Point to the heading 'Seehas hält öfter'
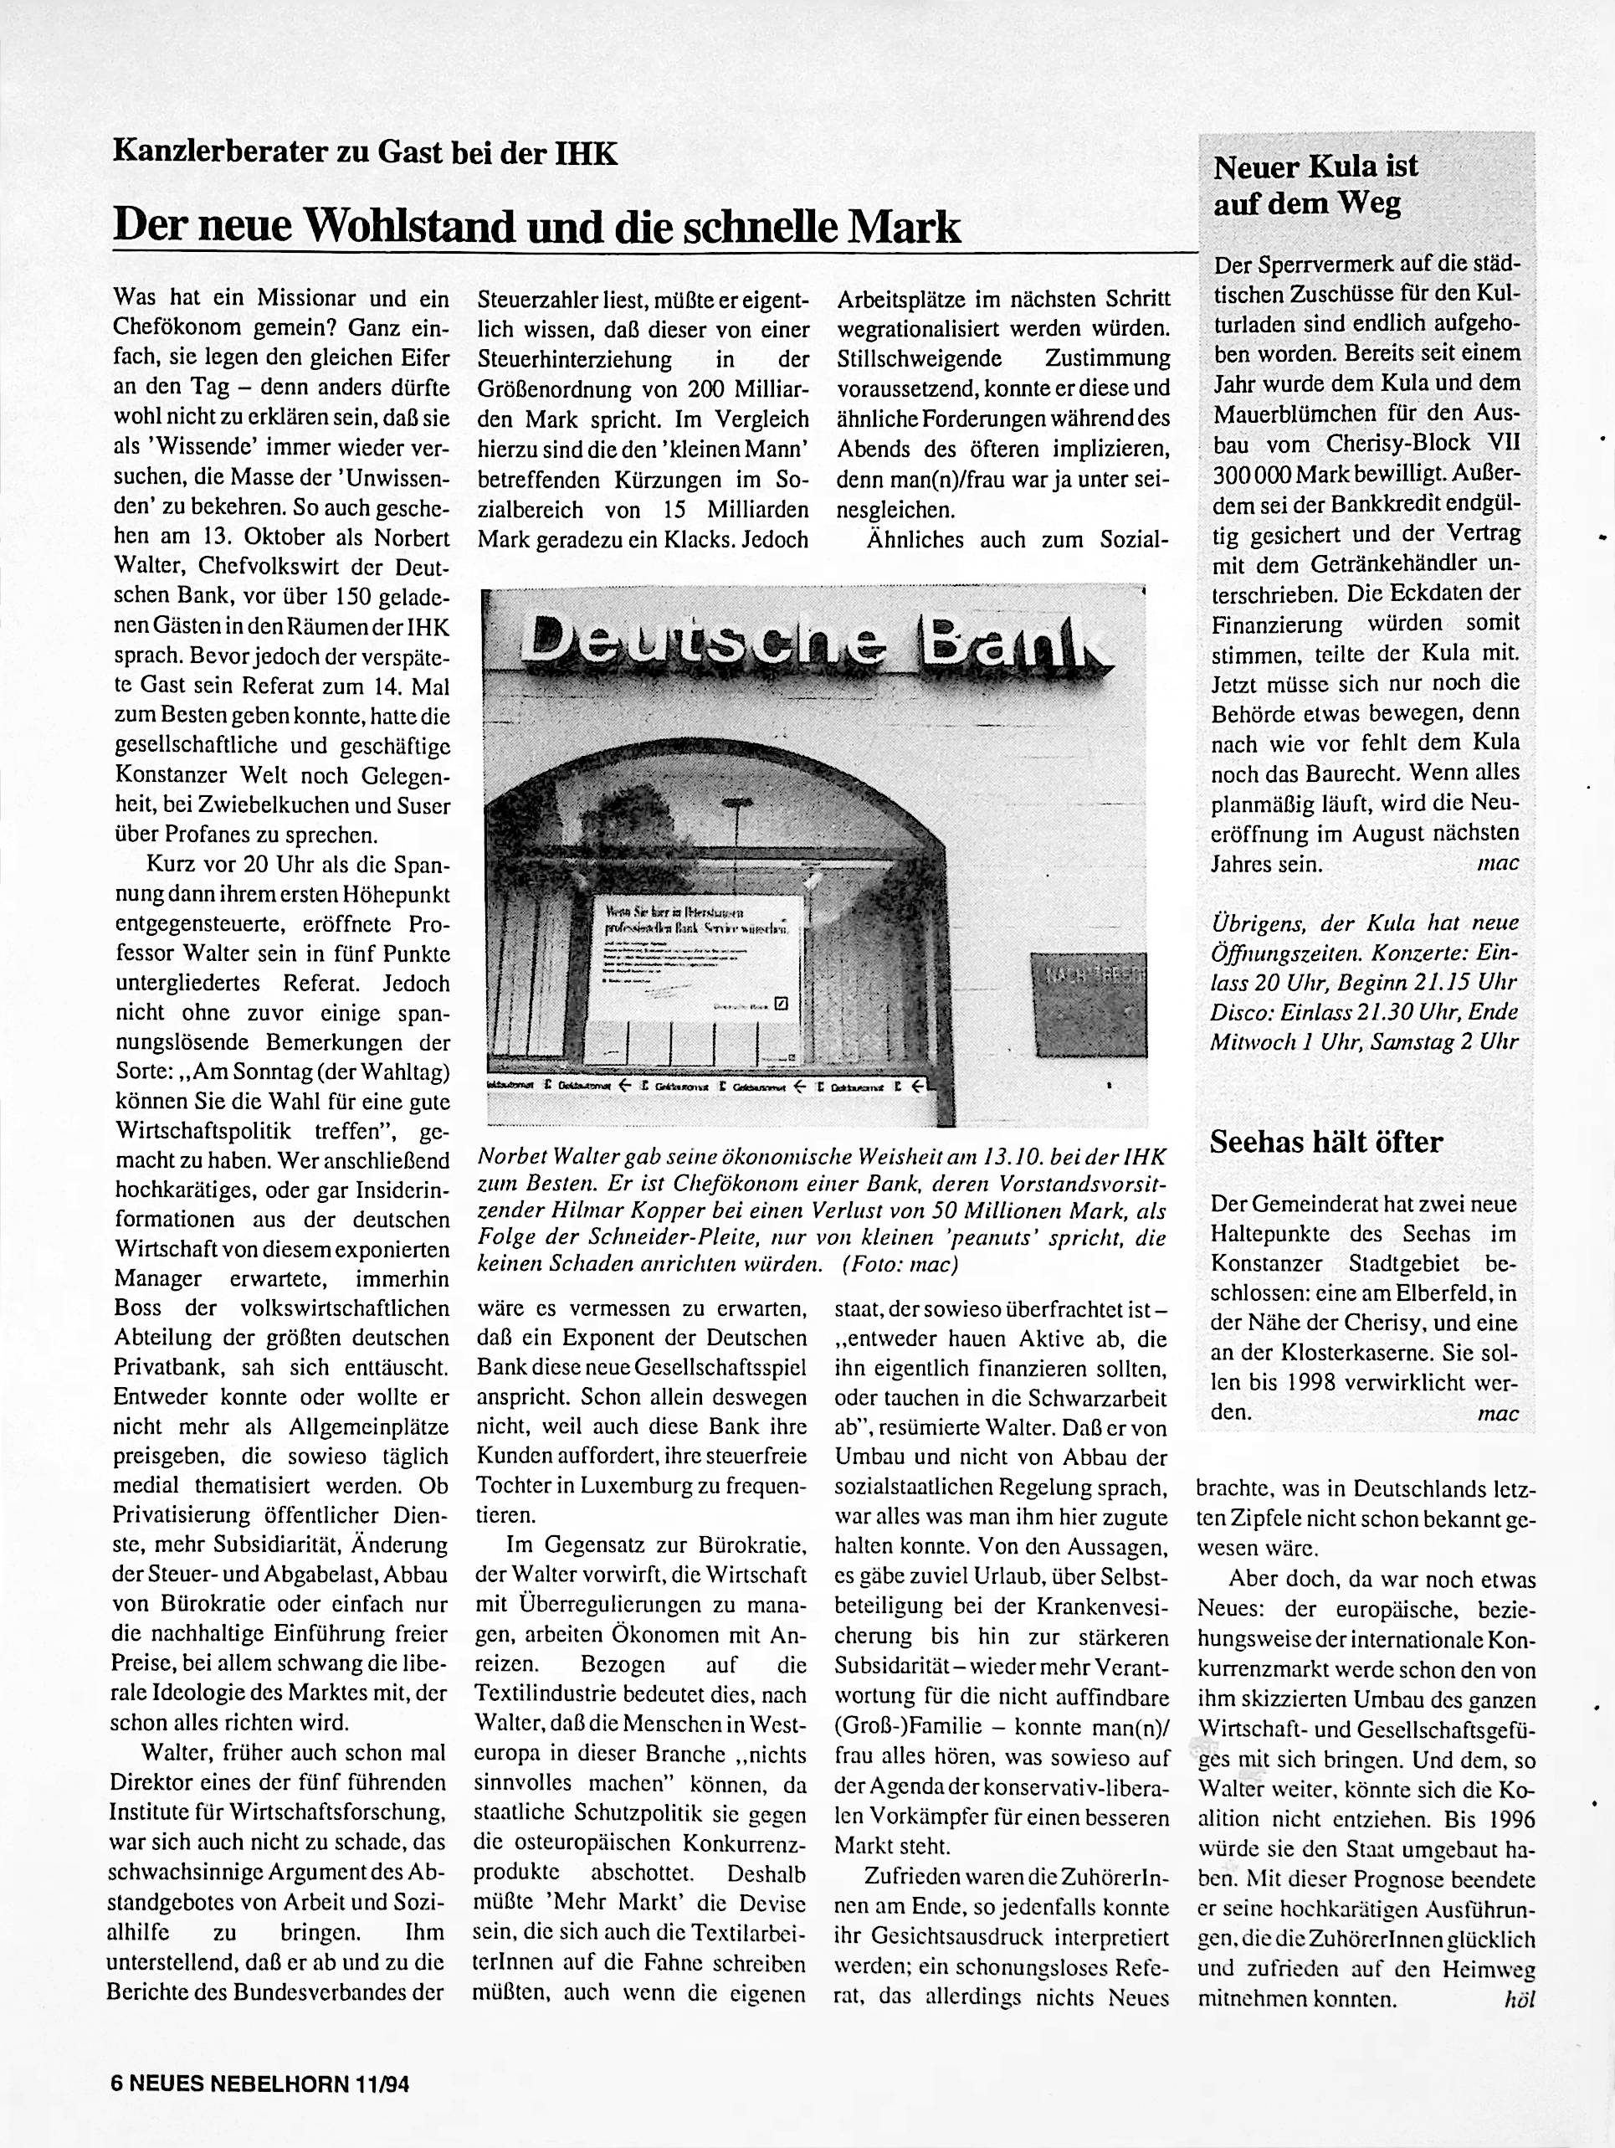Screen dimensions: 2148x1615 (x=1325, y=1142)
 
